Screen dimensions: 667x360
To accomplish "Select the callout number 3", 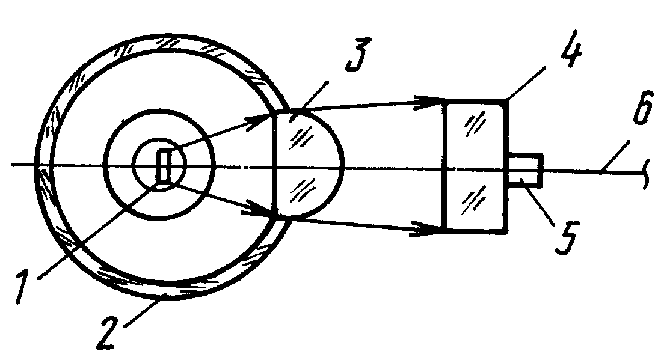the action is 358,54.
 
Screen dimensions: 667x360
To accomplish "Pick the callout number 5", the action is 565,238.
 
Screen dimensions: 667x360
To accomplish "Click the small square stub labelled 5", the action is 526,169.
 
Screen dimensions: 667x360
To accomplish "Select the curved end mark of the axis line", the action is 646,174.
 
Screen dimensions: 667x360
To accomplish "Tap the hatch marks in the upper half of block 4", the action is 475,124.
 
